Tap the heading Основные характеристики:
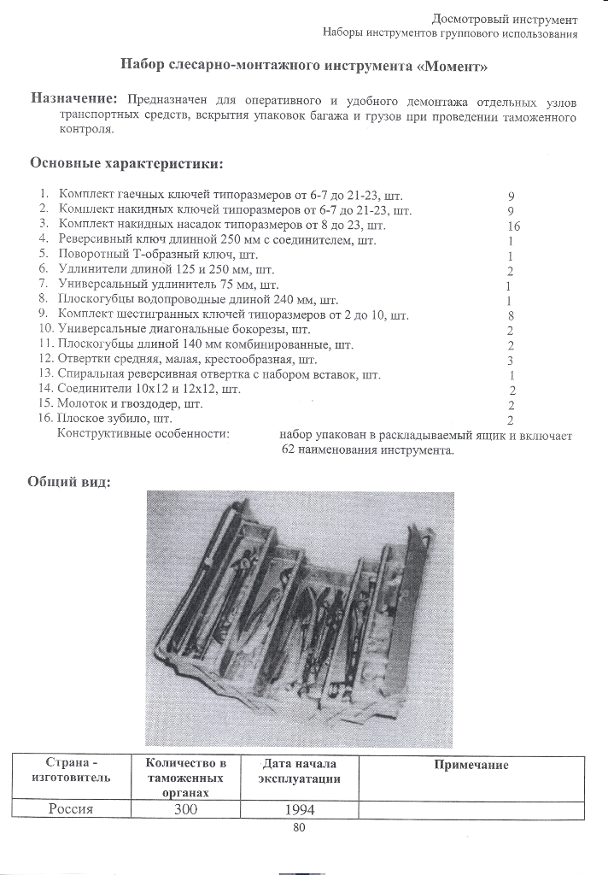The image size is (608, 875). (x=127, y=162)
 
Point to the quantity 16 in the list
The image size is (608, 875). (x=513, y=226)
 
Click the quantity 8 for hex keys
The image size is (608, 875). (x=510, y=315)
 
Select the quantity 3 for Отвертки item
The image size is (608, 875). (x=510, y=360)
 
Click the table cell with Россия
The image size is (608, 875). (x=70, y=810)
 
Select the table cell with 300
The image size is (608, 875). (x=185, y=810)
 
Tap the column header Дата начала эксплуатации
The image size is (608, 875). (x=298, y=772)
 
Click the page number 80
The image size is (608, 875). (x=299, y=827)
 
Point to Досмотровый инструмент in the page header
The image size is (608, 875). (x=505, y=19)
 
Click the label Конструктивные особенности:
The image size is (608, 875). (x=143, y=434)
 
